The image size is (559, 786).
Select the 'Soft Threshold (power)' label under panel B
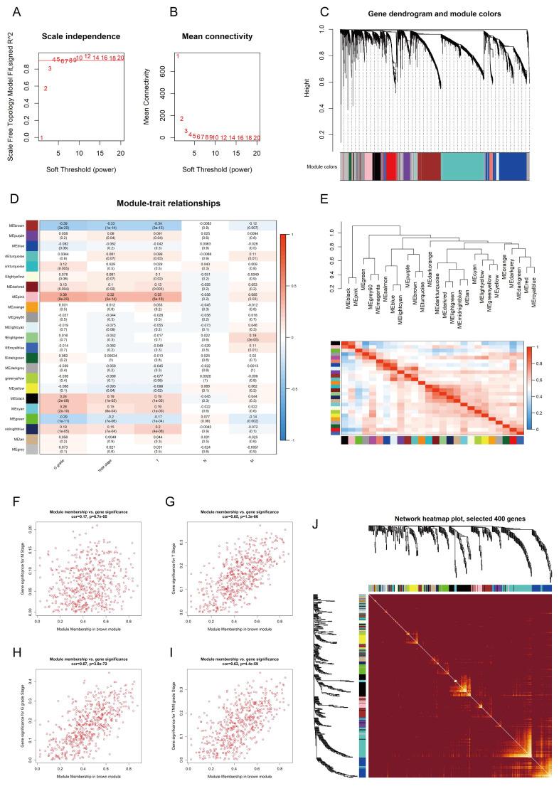point(217,170)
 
